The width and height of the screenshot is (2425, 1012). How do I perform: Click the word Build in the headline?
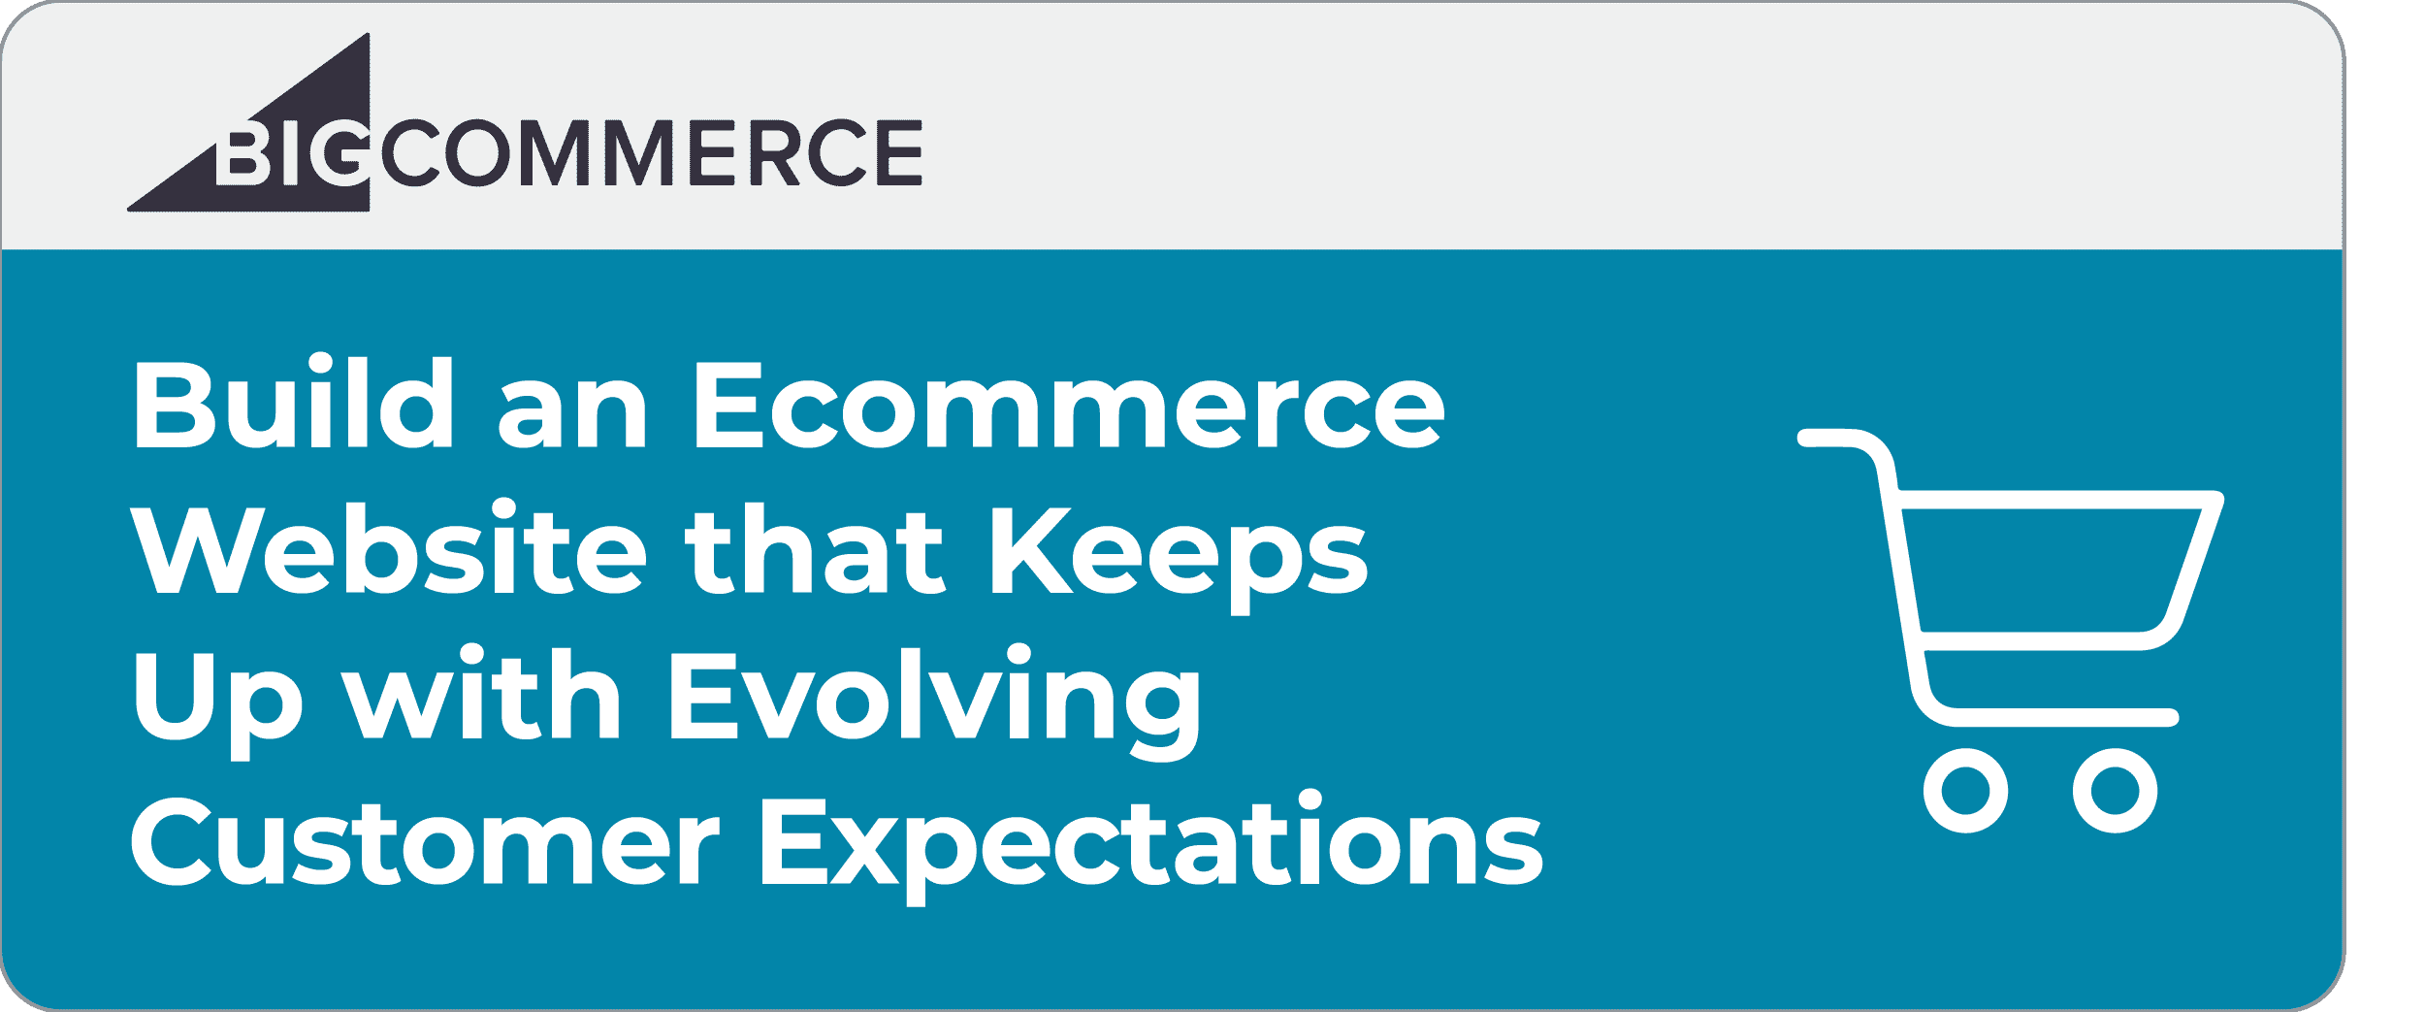294,402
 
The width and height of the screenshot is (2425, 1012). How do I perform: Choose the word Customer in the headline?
425,840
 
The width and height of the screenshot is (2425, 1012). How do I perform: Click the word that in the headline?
815,547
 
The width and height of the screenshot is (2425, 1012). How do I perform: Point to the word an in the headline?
572,413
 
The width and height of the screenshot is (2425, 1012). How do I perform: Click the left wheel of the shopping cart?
1965,791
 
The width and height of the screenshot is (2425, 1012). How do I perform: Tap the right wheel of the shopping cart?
2115,791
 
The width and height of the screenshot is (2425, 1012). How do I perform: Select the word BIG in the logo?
291,153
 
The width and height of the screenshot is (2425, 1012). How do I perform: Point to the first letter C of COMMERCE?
410,152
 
